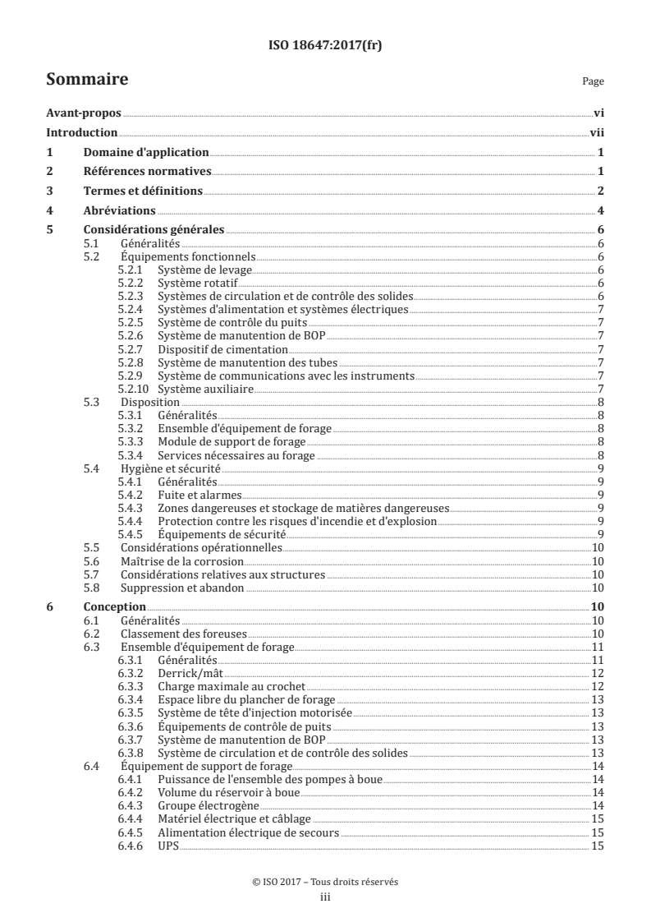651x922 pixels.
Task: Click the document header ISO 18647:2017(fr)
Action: [x=325, y=46]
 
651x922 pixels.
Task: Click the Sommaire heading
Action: [x=86, y=80]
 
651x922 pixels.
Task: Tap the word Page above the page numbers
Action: [x=593, y=82]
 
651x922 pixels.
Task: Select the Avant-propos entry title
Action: [x=83, y=114]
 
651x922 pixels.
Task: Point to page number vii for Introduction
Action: [x=597, y=133]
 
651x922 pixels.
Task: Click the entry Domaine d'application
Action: [x=145, y=153]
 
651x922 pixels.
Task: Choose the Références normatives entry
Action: [x=148, y=172]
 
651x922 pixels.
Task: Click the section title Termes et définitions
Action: [x=143, y=191]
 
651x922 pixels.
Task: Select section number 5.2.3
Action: [x=131, y=296]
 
